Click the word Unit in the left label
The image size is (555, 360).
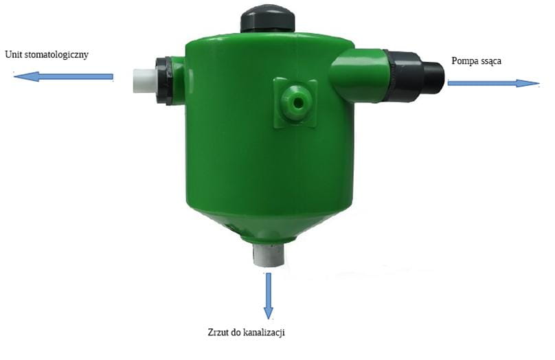(12, 54)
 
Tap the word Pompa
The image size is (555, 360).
(463, 61)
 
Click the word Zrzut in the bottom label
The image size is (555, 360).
(217, 333)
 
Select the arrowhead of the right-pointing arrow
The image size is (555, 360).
(527, 84)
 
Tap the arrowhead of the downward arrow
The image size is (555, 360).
(269, 313)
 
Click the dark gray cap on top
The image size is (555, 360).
(268, 19)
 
